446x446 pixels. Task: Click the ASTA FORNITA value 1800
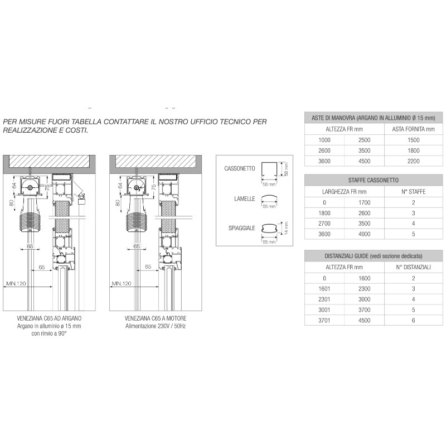click(x=413, y=150)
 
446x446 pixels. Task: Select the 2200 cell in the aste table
click(x=413, y=161)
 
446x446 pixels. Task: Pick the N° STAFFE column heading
click(x=413, y=191)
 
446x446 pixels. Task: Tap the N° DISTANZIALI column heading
click(x=413, y=267)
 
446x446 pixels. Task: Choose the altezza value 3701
click(x=324, y=321)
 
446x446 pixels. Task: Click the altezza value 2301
click(x=324, y=299)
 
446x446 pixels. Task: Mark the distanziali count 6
click(x=413, y=321)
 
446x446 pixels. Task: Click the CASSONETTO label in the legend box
click(x=240, y=168)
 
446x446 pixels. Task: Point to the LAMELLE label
click(x=245, y=198)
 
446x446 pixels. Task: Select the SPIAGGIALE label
click(x=241, y=228)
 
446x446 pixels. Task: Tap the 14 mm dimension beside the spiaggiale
click(x=285, y=229)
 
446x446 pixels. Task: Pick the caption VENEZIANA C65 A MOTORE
click(x=156, y=318)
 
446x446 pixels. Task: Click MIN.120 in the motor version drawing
click(x=122, y=284)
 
